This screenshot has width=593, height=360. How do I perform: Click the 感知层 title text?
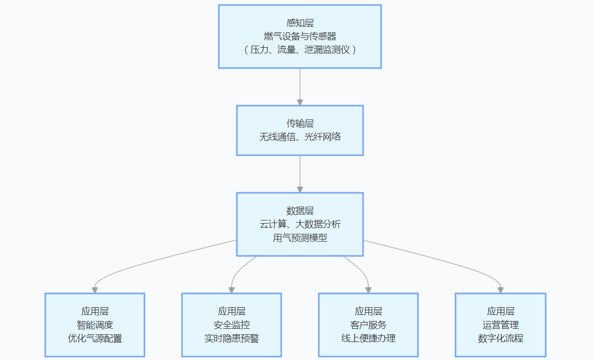point(300,23)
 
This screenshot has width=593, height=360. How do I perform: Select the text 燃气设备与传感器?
point(300,36)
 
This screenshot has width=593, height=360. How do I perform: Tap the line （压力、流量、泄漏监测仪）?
point(300,50)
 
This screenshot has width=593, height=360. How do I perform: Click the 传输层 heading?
point(300,124)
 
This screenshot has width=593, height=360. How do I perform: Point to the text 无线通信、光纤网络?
point(300,137)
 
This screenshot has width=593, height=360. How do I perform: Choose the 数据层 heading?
point(300,211)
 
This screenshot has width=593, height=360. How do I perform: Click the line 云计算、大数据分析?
point(300,224)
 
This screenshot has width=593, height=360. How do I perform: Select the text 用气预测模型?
point(300,238)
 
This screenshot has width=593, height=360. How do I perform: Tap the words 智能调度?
point(94,325)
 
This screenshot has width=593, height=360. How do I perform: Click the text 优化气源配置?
point(94,338)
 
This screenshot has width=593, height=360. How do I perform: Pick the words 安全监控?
point(231,325)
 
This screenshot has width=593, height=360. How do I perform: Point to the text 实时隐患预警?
point(231,338)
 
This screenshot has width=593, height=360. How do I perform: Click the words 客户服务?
point(368,325)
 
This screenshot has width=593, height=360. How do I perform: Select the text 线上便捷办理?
point(368,338)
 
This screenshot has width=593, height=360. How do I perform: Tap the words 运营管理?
point(500,325)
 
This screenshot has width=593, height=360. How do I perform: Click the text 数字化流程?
point(500,338)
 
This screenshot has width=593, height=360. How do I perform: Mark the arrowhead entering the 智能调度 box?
point(94,290)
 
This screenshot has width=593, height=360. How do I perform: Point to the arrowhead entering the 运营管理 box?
point(500,290)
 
